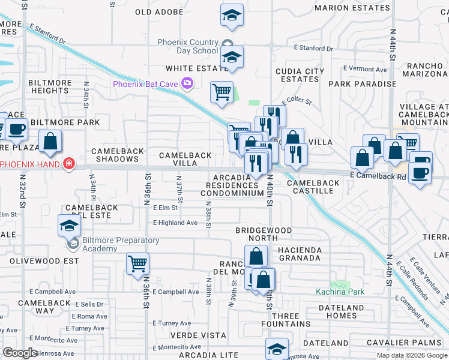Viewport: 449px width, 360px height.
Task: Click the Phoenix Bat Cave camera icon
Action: pyautogui.click(x=188, y=83)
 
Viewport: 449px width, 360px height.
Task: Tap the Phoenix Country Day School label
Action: pyautogui.click(x=188, y=46)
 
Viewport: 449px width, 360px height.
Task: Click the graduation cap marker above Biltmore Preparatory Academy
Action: pyautogui.click(x=70, y=226)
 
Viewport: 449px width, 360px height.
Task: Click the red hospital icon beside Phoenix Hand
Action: pyautogui.click(x=70, y=164)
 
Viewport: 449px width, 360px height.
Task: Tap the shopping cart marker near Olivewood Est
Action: pyautogui.click(x=138, y=264)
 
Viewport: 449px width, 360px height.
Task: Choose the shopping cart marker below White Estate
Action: pyautogui.click(x=221, y=92)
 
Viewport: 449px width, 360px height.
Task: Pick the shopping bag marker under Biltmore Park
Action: pyautogui.click(x=51, y=142)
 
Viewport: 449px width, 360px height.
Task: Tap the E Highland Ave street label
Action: pyautogui.click(x=175, y=223)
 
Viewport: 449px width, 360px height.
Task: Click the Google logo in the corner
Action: pyautogui.click(x=20, y=352)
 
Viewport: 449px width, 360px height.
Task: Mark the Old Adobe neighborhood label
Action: pyautogui.click(x=159, y=11)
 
